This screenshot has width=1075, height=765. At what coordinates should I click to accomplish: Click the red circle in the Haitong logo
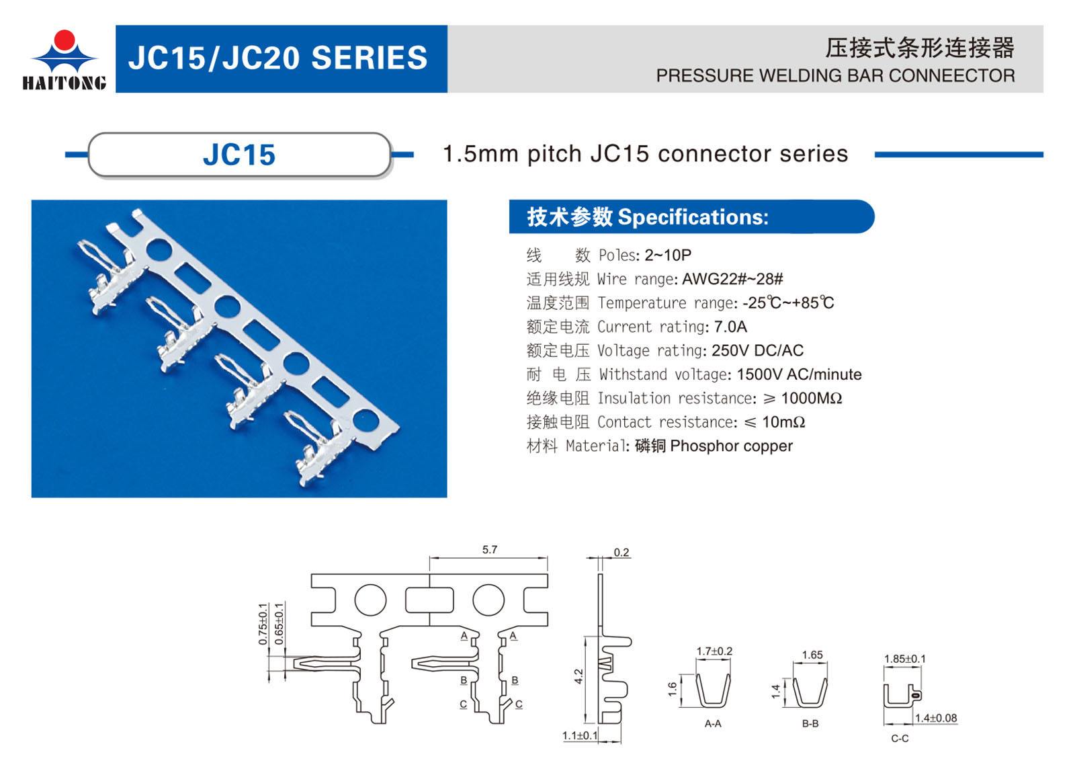tap(64, 40)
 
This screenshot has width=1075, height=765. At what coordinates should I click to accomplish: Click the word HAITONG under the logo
tap(64, 83)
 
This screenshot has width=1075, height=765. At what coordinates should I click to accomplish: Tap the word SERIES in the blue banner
tap(369, 58)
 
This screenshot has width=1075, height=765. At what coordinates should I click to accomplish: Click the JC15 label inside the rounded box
tap(239, 155)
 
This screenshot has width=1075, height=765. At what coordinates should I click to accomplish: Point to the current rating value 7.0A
tap(730, 327)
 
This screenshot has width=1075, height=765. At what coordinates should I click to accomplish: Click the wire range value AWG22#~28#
tap(732, 279)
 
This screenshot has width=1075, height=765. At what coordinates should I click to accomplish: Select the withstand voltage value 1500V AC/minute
tap(799, 374)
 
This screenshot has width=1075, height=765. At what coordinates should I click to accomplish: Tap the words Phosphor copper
tap(732, 446)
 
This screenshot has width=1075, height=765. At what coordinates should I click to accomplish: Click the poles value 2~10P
tap(668, 255)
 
